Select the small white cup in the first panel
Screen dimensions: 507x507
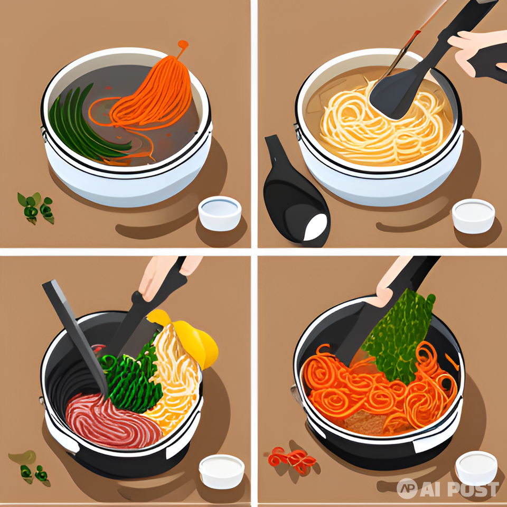tap(220, 213)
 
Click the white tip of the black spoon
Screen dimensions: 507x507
tap(315, 227)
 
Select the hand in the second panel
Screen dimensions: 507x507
tap(478, 53)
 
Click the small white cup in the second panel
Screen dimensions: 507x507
tap(473, 216)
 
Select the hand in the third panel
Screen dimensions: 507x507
tap(165, 275)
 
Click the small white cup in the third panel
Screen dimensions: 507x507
tap(221, 471)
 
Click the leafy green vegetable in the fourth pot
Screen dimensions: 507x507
tap(399, 336)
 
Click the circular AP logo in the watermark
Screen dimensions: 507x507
tap(407, 488)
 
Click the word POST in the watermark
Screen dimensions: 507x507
tap(475, 489)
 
